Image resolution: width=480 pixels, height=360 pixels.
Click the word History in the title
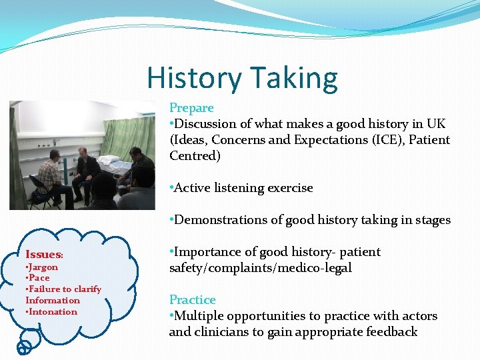[x=194, y=78]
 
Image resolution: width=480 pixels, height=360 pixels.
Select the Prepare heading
[x=191, y=108]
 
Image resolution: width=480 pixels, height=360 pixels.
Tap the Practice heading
[x=192, y=300]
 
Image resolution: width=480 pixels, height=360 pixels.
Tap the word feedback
[x=388, y=332]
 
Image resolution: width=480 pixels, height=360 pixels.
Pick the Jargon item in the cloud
[x=42, y=267]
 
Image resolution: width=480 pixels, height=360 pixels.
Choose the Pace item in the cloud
[x=37, y=278]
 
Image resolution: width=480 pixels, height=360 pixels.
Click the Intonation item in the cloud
[x=52, y=312]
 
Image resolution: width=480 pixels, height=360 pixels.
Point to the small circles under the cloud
[x=24, y=346]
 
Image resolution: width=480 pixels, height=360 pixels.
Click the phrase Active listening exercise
[x=243, y=188]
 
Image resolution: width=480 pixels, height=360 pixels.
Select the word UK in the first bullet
[x=437, y=124]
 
